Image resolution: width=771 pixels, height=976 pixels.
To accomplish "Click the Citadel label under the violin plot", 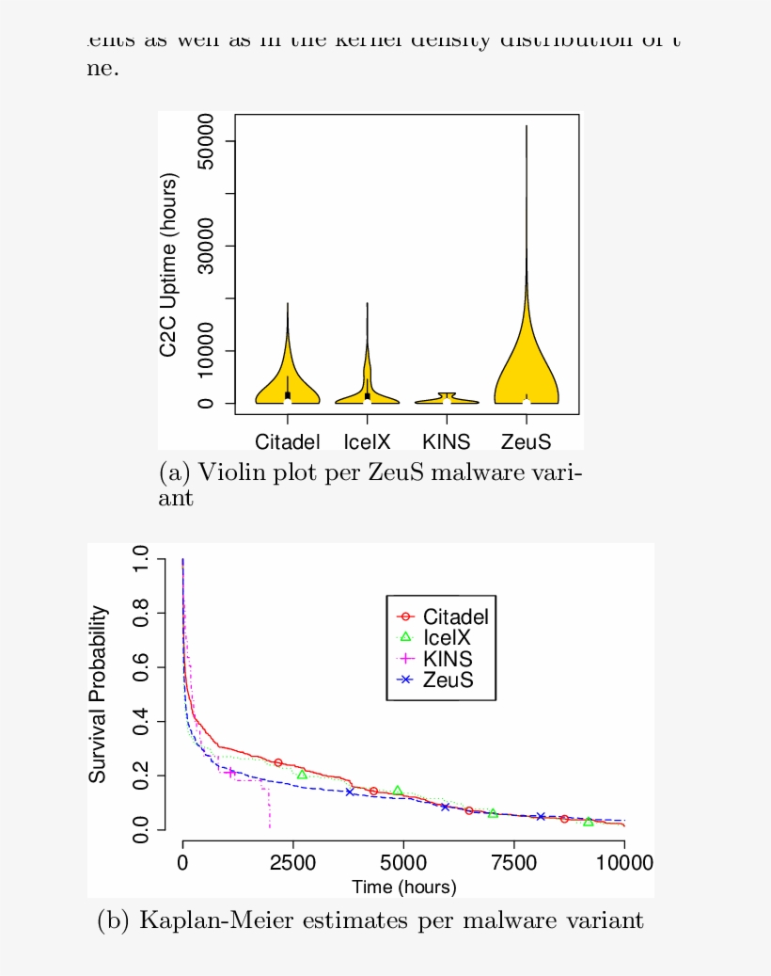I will click(x=288, y=441).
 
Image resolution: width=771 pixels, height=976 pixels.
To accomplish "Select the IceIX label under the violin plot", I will click(x=367, y=441).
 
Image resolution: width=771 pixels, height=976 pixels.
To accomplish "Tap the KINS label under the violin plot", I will click(x=446, y=441).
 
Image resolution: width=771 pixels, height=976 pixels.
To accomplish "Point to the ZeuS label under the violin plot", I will click(x=526, y=441).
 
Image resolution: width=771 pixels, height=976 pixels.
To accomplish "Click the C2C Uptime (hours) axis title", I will click(x=168, y=264).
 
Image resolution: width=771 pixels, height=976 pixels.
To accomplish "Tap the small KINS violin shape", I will click(x=447, y=399).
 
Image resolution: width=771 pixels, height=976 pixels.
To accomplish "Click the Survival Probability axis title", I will click(x=98, y=695).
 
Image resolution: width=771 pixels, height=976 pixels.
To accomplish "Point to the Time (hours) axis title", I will click(x=403, y=887).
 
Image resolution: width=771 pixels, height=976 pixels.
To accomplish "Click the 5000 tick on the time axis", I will click(x=403, y=863).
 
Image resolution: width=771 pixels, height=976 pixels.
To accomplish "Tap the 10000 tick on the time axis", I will click(x=623, y=863).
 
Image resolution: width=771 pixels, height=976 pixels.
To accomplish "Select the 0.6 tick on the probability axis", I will click(x=140, y=667).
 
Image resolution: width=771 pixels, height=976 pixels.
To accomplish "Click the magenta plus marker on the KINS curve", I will click(x=230, y=772).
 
